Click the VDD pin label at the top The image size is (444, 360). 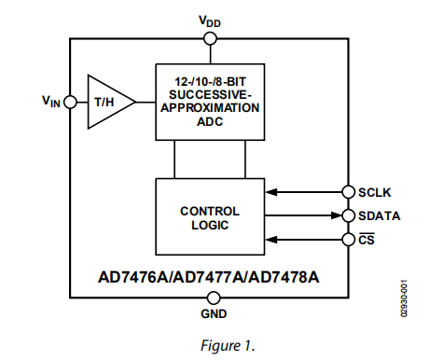tap(209, 19)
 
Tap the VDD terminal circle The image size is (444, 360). tap(209, 38)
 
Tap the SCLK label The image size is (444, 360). tap(376, 193)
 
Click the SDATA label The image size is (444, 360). tap(379, 216)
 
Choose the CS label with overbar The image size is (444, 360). tap(368, 241)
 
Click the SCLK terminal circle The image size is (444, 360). tap(349, 193)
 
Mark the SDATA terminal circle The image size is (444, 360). tap(349, 216)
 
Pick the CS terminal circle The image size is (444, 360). tap(349, 240)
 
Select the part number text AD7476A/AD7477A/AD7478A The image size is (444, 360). tap(209, 276)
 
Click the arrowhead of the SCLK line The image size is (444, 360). tap(271, 193)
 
